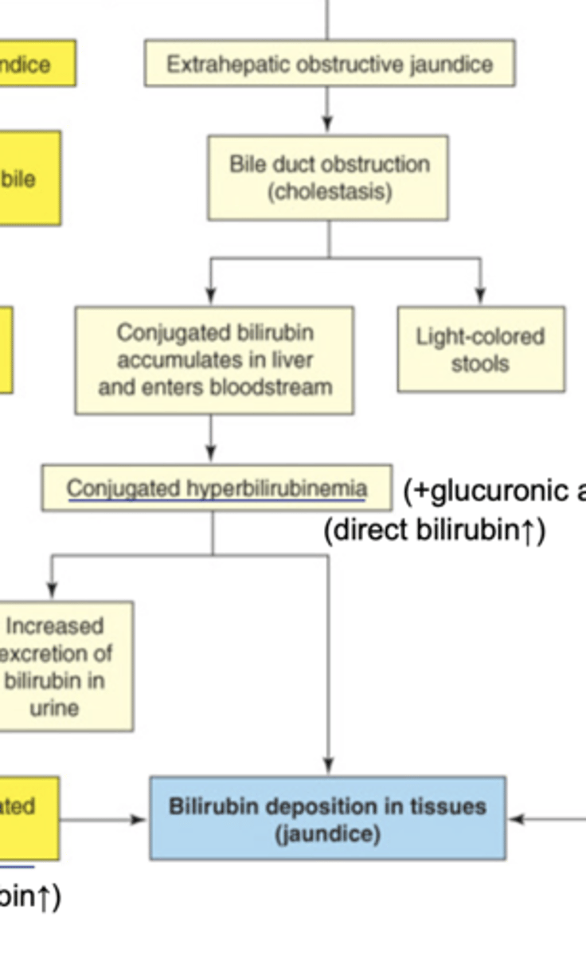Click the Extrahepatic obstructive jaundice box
click(329, 64)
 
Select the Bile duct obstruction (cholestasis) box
click(328, 178)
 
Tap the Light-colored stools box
click(481, 350)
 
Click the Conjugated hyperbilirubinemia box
click(217, 488)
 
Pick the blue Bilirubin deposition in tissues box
click(327, 819)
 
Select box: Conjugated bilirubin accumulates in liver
click(214, 360)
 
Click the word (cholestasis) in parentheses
click(330, 192)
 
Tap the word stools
click(479, 364)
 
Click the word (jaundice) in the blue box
click(327, 834)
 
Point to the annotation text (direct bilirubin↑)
click(435, 531)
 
